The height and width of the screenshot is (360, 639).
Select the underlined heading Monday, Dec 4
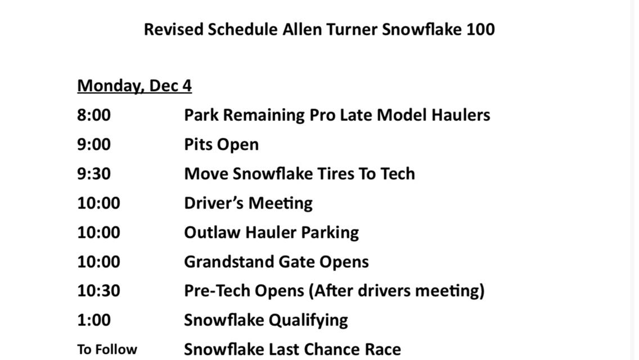click(134, 86)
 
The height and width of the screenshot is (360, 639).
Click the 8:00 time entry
click(94, 115)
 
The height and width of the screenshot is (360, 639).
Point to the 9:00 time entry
click(94, 145)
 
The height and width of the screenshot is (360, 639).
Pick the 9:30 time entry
click(94, 174)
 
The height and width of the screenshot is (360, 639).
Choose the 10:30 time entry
click(98, 291)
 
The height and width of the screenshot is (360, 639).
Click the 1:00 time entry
click(94, 320)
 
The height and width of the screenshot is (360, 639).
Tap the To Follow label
click(107, 349)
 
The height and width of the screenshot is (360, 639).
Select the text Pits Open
click(221, 145)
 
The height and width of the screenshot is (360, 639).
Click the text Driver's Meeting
click(248, 203)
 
